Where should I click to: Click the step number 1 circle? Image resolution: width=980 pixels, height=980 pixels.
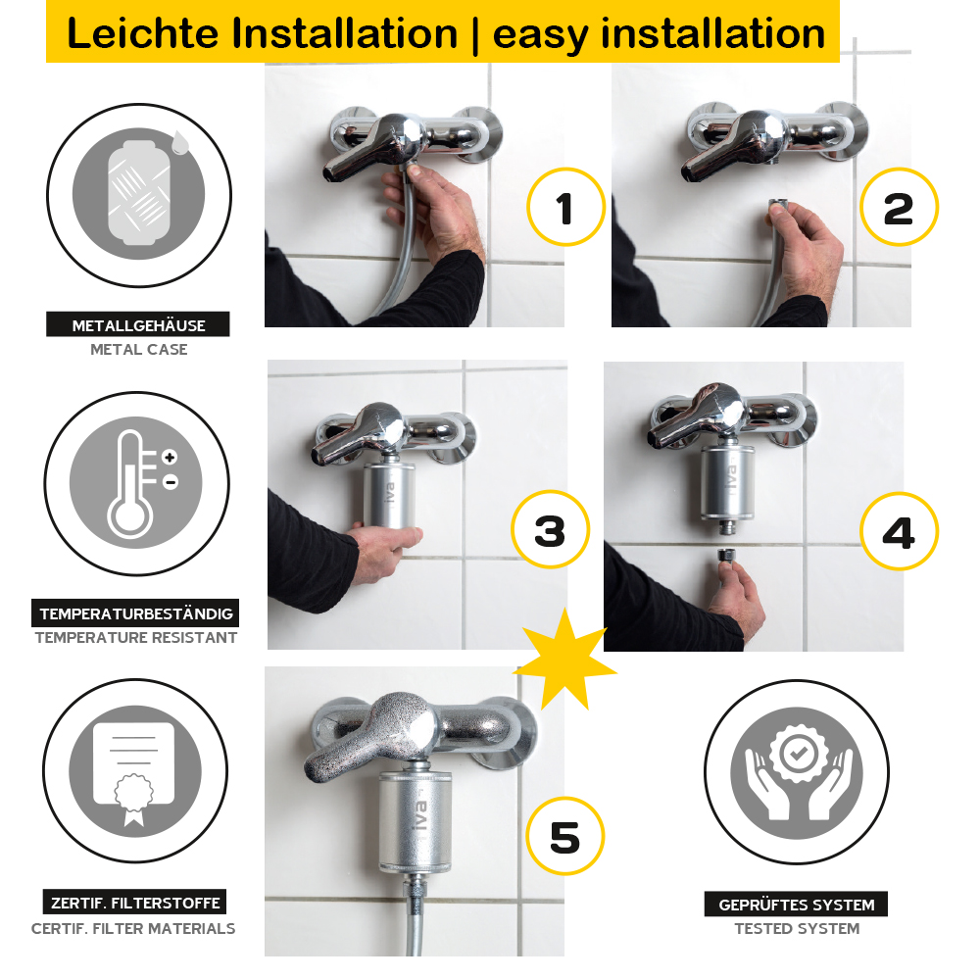coord(565,208)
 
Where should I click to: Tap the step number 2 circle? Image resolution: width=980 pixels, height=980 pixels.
coord(899,208)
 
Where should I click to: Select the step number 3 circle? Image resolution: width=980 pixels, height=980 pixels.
coord(551,530)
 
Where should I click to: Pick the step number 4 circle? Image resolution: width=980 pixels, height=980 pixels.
coord(899,532)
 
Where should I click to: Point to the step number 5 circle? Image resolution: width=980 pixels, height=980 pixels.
coord(565,837)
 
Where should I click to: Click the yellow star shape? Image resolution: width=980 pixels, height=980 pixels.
coord(564,659)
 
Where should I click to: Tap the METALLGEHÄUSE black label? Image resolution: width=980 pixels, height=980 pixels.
coord(138,325)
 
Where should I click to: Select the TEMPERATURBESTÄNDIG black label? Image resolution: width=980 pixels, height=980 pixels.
coord(136,614)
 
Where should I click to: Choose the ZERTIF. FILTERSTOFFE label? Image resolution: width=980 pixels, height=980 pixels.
coord(135,903)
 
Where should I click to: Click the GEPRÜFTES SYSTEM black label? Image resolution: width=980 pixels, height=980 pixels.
coord(796,905)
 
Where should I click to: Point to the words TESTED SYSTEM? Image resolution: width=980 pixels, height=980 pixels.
coord(797,929)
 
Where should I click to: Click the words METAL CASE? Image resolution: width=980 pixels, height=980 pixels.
coord(138,350)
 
